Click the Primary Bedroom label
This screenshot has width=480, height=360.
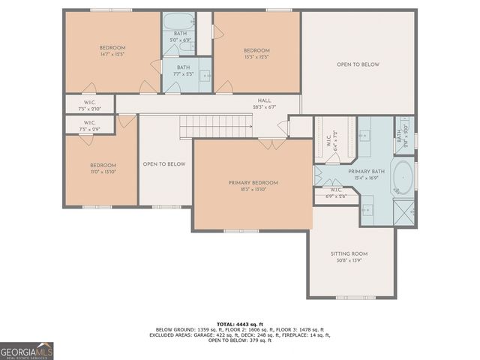(x=253, y=183)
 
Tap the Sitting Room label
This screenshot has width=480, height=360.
(x=349, y=254)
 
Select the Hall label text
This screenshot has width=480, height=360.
(x=265, y=100)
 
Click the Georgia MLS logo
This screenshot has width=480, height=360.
(x=27, y=350)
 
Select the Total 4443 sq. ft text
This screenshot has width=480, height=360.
(x=239, y=323)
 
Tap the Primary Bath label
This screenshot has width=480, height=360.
(x=365, y=172)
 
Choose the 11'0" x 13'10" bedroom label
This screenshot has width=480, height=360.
(x=103, y=169)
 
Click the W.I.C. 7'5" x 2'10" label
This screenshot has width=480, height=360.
(x=88, y=106)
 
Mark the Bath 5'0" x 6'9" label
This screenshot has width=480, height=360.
(x=180, y=37)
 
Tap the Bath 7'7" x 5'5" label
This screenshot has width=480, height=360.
(x=180, y=70)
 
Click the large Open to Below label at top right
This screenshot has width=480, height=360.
(x=358, y=64)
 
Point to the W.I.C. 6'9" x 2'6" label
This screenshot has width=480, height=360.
(x=336, y=193)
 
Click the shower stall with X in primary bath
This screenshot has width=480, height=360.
(x=405, y=213)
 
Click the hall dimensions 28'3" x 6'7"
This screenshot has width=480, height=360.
(x=265, y=106)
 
